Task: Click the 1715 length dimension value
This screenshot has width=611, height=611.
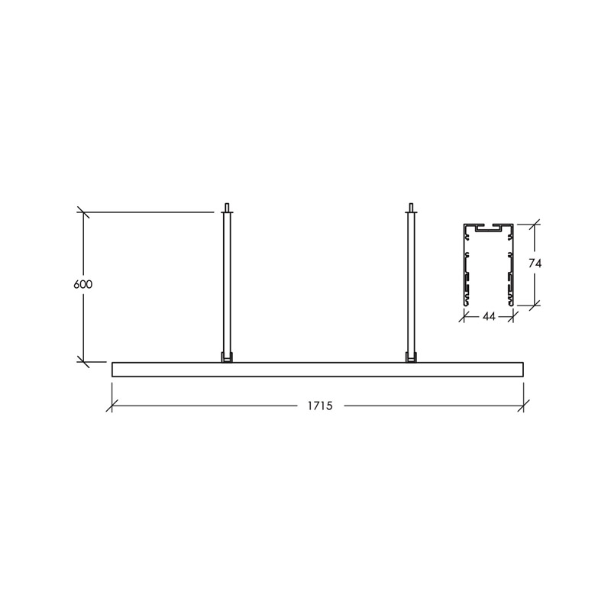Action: [320, 406]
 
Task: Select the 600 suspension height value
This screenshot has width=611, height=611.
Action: [83, 284]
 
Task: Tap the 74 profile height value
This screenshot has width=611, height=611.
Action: [535, 263]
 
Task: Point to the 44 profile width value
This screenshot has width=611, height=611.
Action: [489, 317]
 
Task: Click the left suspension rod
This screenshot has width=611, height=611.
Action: [227, 283]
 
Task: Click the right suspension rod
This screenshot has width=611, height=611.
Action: [411, 283]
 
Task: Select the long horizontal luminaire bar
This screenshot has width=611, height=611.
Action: [318, 370]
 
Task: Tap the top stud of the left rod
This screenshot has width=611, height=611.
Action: [227, 207]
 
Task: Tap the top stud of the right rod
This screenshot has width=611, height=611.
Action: [411, 207]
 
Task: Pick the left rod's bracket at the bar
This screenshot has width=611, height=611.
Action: [227, 357]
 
